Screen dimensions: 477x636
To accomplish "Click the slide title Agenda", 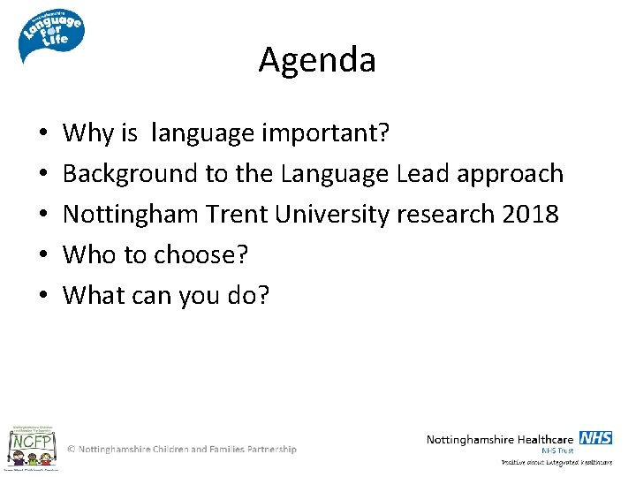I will (x=317, y=60).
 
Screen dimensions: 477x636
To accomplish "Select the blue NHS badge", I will (x=596, y=438).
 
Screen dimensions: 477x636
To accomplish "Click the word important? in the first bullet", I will (x=326, y=133).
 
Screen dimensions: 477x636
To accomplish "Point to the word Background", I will (x=131, y=174).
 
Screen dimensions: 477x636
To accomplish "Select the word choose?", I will (x=201, y=255).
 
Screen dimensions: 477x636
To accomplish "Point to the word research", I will (x=444, y=215).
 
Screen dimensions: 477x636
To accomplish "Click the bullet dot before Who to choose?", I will (x=43, y=256).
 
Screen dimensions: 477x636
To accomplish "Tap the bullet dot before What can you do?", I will (x=43, y=297).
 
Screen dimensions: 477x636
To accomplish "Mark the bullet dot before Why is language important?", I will (x=43, y=134).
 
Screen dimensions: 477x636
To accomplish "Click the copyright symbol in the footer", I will (x=72, y=450).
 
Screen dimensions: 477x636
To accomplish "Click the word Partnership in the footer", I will (x=265, y=450).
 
